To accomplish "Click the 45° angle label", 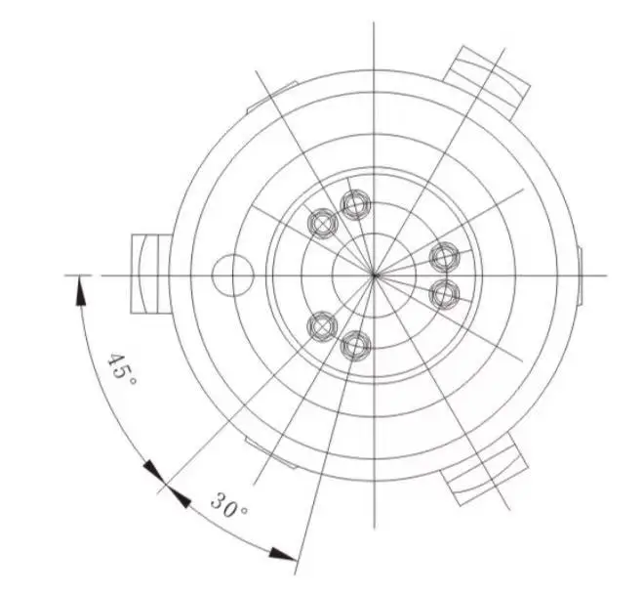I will (x=122, y=369).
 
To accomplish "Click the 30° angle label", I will (x=230, y=508).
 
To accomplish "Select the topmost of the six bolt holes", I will (x=355, y=205).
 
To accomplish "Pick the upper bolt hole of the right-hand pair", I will (x=445, y=257).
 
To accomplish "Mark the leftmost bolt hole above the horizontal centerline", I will (x=321, y=224).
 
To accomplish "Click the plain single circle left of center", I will (x=232, y=275).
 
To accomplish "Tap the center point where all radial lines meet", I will (x=376, y=275).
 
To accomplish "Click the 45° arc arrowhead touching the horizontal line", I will (x=79, y=285).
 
